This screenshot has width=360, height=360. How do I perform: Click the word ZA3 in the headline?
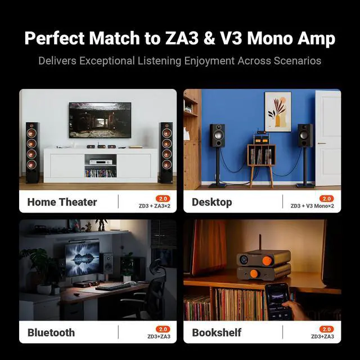point(181,39)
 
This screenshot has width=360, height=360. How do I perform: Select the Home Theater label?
point(62,202)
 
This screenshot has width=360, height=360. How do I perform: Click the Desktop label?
point(211,202)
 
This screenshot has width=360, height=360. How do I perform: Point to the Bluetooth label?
point(51,332)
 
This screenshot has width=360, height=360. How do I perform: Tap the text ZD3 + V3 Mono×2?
point(312,206)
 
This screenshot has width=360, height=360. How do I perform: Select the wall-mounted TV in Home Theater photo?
point(100,120)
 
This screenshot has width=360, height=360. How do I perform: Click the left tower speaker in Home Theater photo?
point(32,152)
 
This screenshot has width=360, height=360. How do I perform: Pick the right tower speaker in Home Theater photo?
point(165,152)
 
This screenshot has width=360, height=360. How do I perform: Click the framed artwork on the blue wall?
point(278,111)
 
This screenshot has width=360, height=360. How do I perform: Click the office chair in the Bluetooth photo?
point(147,292)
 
